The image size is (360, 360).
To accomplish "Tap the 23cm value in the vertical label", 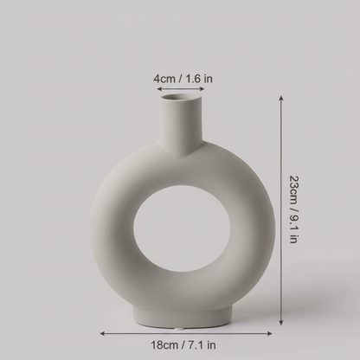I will click(x=294, y=186).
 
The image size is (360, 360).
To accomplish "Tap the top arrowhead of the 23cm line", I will click(x=281, y=99).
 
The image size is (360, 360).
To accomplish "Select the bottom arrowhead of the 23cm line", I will click(x=281, y=325).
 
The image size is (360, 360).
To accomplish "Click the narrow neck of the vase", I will click(x=183, y=125).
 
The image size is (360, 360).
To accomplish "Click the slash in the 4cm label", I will click(x=182, y=79).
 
